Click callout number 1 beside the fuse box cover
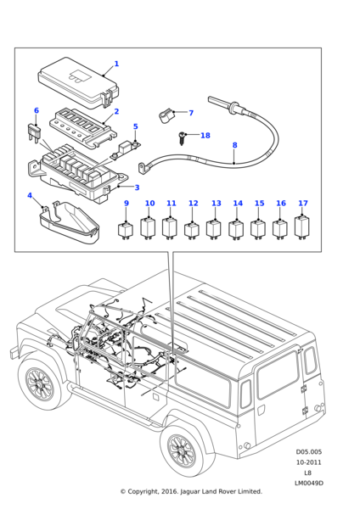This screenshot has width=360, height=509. click(x=116, y=64)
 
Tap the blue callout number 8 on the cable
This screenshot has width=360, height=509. click(x=235, y=145)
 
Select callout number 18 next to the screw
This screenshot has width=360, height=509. click(x=205, y=136)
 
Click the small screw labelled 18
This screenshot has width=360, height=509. click(x=182, y=137)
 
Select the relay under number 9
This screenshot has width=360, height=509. click(x=125, y=229)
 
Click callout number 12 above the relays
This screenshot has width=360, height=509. click(x=194, y=204)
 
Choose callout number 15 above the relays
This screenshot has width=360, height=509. click(x=259, y=204)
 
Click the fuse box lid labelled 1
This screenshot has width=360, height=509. click(x=77, y=83)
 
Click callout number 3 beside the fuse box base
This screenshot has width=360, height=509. click(x=137, y=187)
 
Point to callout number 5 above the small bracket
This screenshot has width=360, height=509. click(x=136, y=126)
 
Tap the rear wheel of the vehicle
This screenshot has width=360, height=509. click(x=183, y=450)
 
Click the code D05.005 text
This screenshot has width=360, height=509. click(x=309, y=452)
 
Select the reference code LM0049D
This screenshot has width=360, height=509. click(x=309, y=484)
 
